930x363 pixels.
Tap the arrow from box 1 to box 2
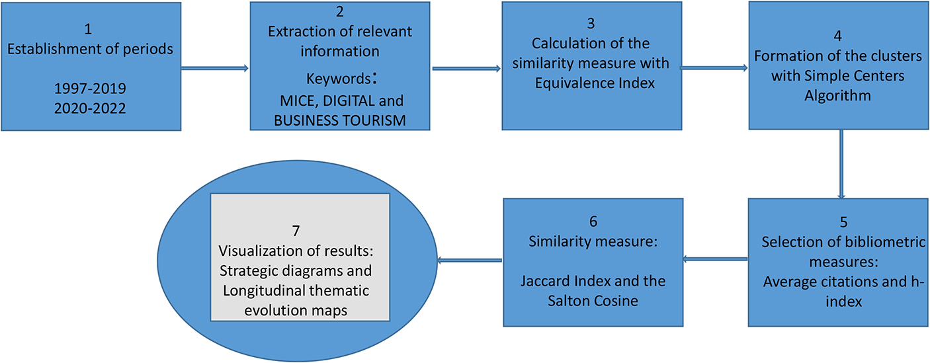pos(215,68)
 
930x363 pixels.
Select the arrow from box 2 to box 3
pos(466,68)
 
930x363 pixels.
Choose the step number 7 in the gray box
pos(296,230)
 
